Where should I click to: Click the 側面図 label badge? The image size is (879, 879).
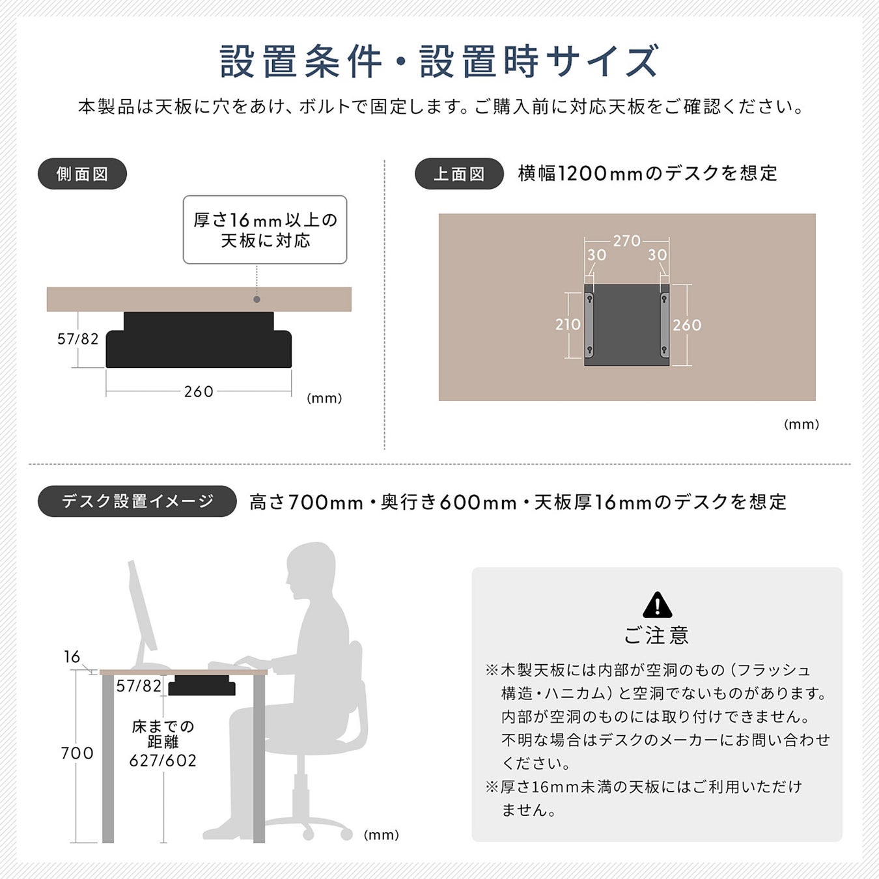coord(82,174)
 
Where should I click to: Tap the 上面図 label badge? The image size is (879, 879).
coord(459,174)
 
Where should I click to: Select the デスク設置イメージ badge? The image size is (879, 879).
coord(137,501)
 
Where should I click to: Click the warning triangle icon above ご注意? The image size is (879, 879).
coord(657,605)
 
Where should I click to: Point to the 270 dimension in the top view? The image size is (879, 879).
coord(627,241)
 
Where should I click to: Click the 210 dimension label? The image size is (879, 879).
coord(568,324)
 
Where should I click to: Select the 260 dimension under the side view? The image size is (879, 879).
coord(199,391)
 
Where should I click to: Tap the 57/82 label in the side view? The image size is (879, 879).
coord(78,339)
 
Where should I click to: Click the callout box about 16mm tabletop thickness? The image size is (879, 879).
coord(265,230)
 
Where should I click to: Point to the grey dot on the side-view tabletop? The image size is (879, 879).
coord(257,300)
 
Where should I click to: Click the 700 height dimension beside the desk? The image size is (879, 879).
coord(77,753)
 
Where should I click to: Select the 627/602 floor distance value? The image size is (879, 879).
coord(163,760)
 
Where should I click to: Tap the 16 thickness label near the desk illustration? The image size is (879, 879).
coord(72,657)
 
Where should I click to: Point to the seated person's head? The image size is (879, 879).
coord(310,570)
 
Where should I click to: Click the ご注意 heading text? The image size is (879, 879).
coord(656,635)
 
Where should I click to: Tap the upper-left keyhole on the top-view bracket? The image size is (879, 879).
coord(589,300)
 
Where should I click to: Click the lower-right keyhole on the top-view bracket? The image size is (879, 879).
coord(664,350)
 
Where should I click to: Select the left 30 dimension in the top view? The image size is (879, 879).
coord(596,255)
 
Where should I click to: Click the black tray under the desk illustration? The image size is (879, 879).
coord(202,686)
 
